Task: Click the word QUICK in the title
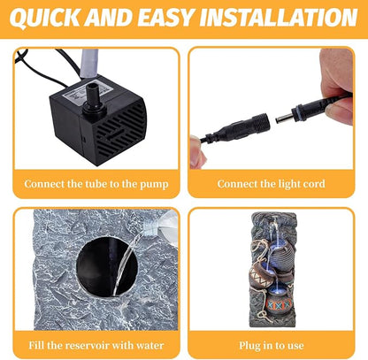pyautogui.click(x=45, y=18)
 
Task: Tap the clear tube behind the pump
pyautogui.click(x=89, y=64)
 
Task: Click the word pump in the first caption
pyautogui.click(x=154, y=185)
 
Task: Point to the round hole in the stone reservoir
pyautogui.click(x=107, y=266)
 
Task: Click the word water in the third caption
pyautogui.click(x=149, y=345)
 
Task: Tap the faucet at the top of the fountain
pyautogui.click(x=273, y=225)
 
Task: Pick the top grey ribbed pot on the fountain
pyautogui.click(x=280, y=254)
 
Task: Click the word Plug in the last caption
pyautogui.click(x=249, y=346)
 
